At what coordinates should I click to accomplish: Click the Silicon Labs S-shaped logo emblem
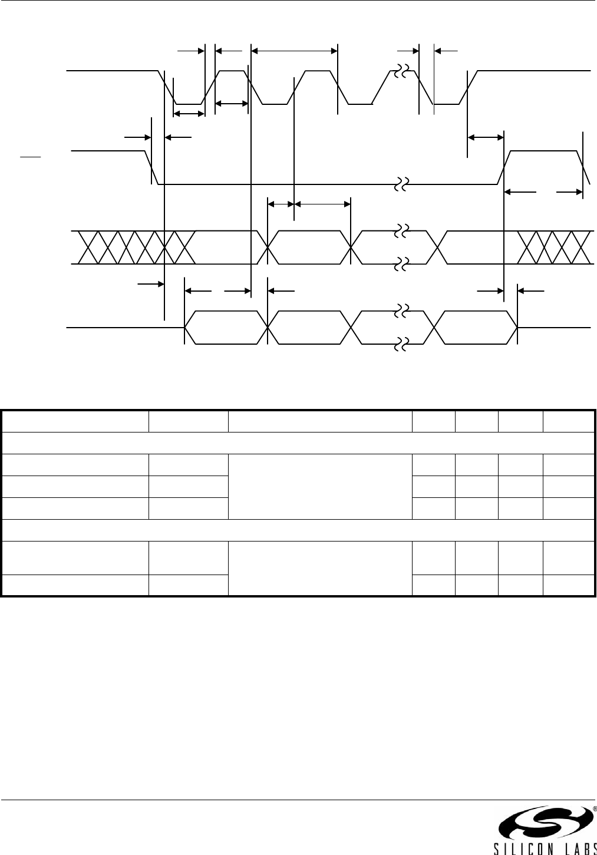(x=543, y=823)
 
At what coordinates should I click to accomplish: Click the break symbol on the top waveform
(x=403, y=71)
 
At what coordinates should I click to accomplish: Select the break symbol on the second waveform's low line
(x=403, y=184)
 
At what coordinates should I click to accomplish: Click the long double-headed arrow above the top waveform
(x=294, y=51)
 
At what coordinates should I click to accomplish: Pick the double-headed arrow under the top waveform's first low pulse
(x=189, y=113)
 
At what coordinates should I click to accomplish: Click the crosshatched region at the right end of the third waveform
(x=555, y=247)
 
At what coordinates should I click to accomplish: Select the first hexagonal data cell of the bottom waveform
(x=226, y=326)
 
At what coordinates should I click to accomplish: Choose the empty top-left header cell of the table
(x=75, y=421)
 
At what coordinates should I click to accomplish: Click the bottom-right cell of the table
(x=569, y=585)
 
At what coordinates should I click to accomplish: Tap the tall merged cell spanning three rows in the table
(x=319, y=486)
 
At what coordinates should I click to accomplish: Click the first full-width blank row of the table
(x=298, y=443)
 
